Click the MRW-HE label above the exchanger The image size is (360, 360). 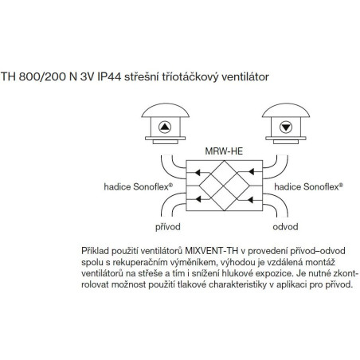click(x=224, y=151)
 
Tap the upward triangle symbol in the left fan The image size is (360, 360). click(x=165, y=127)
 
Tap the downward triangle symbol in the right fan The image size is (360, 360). click(x=286, y=127)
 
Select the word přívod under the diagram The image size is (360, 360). click(x=168, y=227)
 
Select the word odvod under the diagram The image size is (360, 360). click(x=285, y=227)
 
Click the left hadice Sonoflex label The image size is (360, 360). click(x=138, y=186)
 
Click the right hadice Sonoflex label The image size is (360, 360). click(x=308, y=186)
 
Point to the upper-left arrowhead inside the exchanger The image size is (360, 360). click(x=198, y=172)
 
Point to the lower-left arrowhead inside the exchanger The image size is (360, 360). click(x=198, y=198)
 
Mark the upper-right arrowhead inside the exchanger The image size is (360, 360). click(x=251, y=172)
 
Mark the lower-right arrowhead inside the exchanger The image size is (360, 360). click(x=251, y=200)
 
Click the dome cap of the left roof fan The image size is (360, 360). click(x=166, y=111)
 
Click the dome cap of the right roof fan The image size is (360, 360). click(x=286, y=111)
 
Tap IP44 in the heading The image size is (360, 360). click(x=109, y=76)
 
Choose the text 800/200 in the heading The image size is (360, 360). click(x=42, y=76)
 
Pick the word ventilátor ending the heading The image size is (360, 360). click(x=245, y=77)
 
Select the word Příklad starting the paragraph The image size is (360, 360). click(x=95, y=251)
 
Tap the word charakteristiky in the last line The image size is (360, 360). click(x=237, y=284)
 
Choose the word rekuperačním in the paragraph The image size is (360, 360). click(x=136, y=262)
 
